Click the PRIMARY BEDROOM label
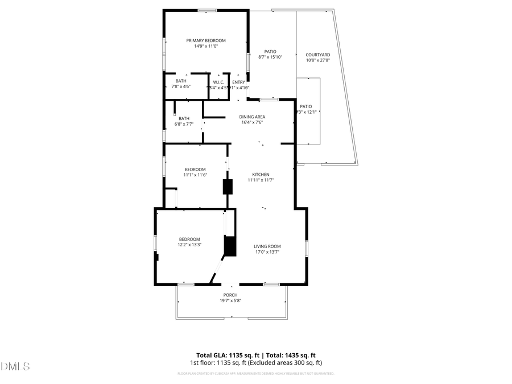point(206,40)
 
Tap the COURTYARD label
point(318,55)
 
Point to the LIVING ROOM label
point(267,246)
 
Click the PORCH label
point(230,295)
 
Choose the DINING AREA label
point(252,117)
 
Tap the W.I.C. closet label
point(218,82)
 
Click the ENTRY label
point(238,82)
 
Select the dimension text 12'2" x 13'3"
point(189,245)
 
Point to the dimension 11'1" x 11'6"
point(195,175)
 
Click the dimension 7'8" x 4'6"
point(181,87)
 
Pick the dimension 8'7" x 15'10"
point(270,57)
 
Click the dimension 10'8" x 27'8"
point(318,60)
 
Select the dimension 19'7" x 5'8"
point(230,300)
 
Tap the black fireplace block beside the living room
point(230,246)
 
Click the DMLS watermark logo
point(15,365)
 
